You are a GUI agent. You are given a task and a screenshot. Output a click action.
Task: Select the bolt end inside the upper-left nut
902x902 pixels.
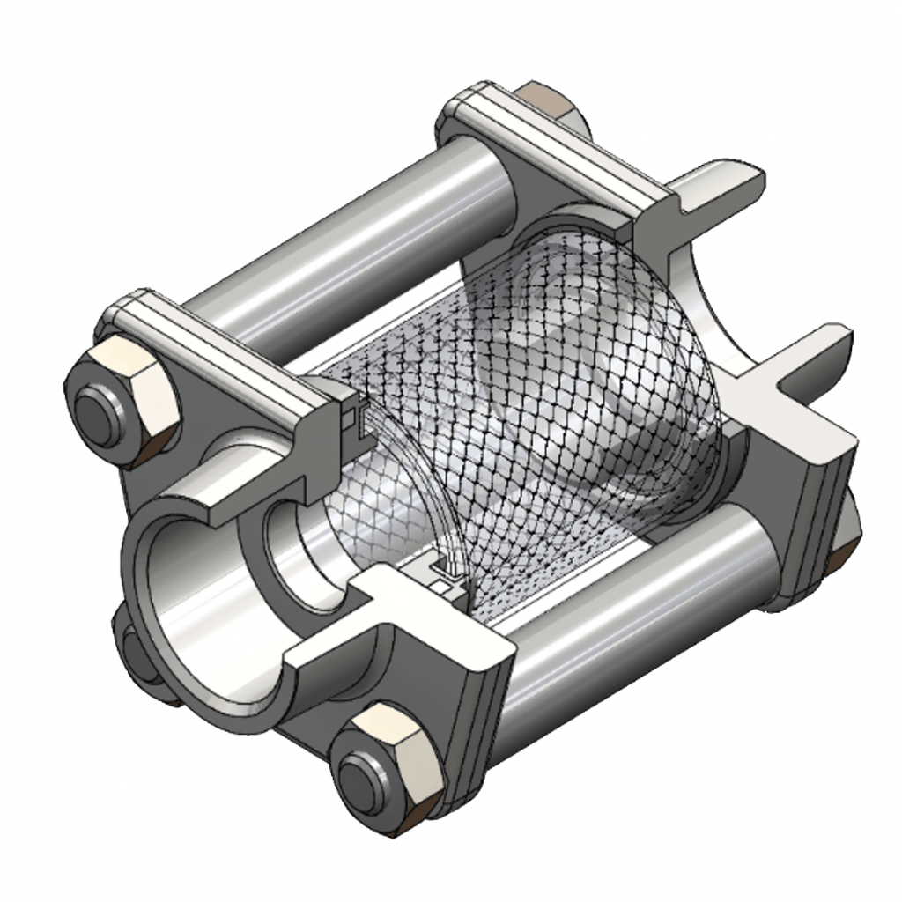click(x=98, y=412)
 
